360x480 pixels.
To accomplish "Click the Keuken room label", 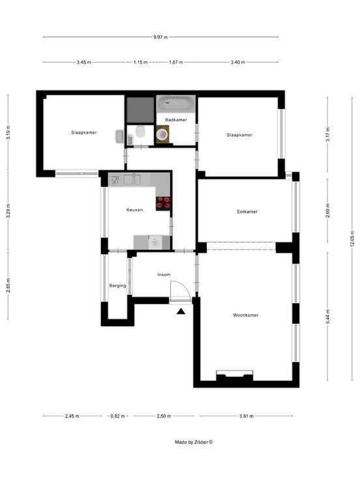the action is coord(134,210).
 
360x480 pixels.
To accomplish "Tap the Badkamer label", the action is coord(176,120).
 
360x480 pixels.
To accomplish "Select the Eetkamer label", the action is coord(247,211).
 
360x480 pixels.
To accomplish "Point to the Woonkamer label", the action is coord(245,315).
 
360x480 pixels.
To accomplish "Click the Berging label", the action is coord(117,286).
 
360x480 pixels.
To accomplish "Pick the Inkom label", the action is coord(164,275).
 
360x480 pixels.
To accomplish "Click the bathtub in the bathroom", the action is coord(175,104).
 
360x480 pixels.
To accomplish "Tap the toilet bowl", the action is coord(140,132).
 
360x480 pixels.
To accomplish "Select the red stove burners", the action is coord(163,203).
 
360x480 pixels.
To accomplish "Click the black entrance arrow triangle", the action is coord(181,312).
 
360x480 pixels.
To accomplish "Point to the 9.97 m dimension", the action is coord(160,37).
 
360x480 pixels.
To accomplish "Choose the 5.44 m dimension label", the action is coord(328,316).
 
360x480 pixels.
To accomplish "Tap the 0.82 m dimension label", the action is coord(117,416).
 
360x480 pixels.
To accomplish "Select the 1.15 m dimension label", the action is coord(140,62).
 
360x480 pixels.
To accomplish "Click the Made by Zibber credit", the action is coord(194,442).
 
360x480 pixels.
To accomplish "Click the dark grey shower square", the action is coord(140,110).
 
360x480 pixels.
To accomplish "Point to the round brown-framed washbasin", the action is coord(162,134).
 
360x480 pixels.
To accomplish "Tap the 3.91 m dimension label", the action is coord(247,416).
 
